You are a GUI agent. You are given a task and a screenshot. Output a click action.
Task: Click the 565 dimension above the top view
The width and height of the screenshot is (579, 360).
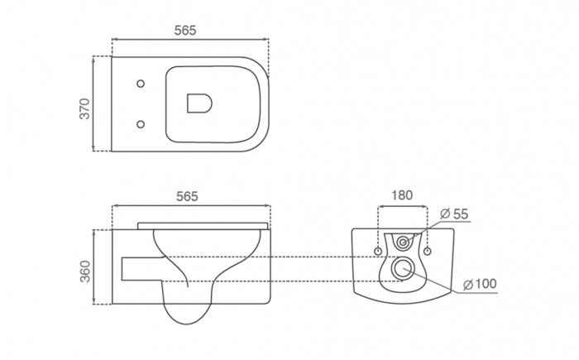point(185,31)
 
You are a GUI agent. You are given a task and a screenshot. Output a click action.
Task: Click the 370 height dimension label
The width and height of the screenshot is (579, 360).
point(85,108)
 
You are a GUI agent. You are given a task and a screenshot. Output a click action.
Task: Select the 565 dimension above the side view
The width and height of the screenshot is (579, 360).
point(187,196)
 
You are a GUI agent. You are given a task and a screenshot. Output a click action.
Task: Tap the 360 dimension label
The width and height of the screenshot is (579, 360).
point(85,271)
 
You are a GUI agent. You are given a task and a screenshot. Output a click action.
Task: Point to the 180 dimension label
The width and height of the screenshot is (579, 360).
point(402,195)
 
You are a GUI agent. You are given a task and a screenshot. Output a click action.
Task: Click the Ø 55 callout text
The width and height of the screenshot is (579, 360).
point(454,214)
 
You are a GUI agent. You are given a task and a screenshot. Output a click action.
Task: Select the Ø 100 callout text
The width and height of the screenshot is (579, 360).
point(480,284)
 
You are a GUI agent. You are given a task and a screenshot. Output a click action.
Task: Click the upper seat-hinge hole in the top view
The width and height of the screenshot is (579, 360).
point(141,84)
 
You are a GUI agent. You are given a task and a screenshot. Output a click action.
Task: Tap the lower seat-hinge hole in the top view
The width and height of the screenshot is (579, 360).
point(141,124)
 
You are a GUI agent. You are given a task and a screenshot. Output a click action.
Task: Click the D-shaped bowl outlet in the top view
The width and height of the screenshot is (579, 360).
point(199,103)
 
